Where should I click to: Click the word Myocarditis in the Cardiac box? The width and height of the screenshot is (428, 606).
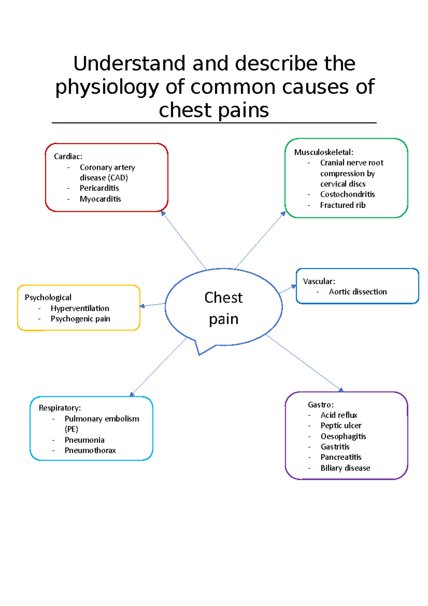click(100, 199)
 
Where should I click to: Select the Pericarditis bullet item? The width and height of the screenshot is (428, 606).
click(99, 188)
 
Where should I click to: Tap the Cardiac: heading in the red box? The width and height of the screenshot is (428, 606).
click(68, 156)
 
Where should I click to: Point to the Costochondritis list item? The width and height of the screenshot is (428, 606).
click(347, 195)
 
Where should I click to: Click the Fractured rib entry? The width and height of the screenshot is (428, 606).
click(342, 205)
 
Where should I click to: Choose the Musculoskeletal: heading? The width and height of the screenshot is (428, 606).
click(323, 152)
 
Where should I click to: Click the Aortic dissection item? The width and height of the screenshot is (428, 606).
click(358, 292)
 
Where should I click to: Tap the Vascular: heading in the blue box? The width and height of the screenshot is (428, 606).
click(319, 281)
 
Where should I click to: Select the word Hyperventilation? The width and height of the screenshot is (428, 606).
click(80, 308)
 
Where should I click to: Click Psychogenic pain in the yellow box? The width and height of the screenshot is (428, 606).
click(80, 319)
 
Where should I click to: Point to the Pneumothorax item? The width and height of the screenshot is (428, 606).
click(90, 450)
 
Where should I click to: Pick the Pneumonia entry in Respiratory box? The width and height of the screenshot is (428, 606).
click(85, 440)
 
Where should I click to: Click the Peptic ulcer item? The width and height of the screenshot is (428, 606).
click(341, 425)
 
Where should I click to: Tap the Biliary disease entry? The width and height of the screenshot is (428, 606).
click(345, 468)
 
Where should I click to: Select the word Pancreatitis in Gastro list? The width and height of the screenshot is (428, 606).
click(341, 457)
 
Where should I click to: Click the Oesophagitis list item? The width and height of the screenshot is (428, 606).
click(343, 436)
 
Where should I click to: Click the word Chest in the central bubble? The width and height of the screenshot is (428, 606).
click(223, 298)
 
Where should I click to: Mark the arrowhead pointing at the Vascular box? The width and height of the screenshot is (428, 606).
click(294, 286)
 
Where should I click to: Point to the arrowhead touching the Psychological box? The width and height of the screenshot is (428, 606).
click(142, 306)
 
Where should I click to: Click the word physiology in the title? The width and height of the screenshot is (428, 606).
click(107, 87)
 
